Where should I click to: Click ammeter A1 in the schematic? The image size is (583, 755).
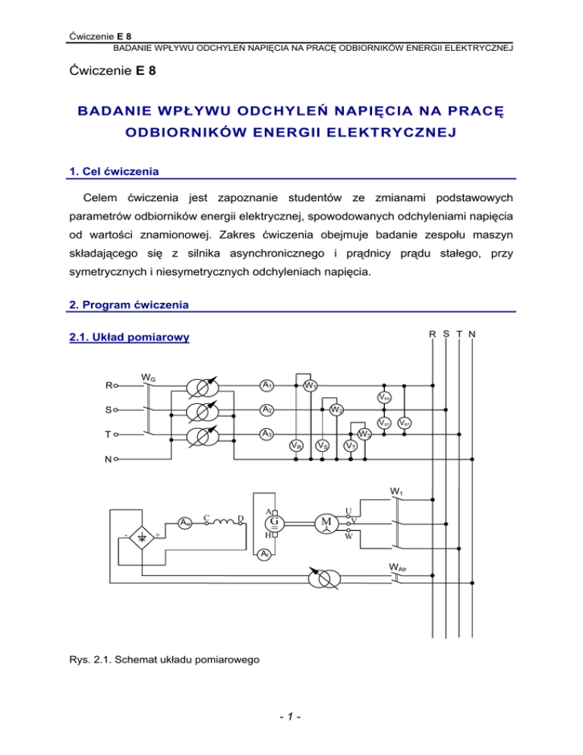pyautogui.click(x=266, y=384)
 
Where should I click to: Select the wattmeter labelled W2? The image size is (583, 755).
pyautogui.click(x=335, y=411)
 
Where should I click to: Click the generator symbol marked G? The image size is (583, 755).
pyautogui.click(x=274, y=523)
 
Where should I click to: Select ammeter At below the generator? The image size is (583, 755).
pyautogui.click(x=263, y=555)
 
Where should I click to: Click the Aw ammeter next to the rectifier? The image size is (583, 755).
pyautogui.click(x=184, y=523)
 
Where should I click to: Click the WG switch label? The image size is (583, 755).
pyautogui.click(x=149, y=377)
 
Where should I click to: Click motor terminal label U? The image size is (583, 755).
pyautogui.click(x=347, y=510)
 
